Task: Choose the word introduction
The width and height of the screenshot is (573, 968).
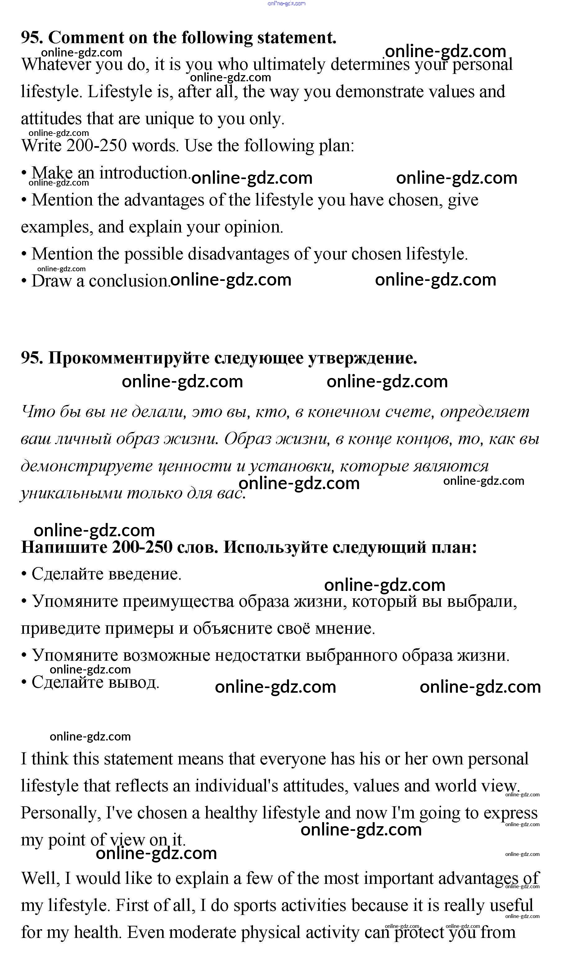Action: click(x=143, y=173)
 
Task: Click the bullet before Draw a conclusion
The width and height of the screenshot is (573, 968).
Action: click(x=24, y=281)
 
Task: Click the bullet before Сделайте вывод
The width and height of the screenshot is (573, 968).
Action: click(x=24, y=682)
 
